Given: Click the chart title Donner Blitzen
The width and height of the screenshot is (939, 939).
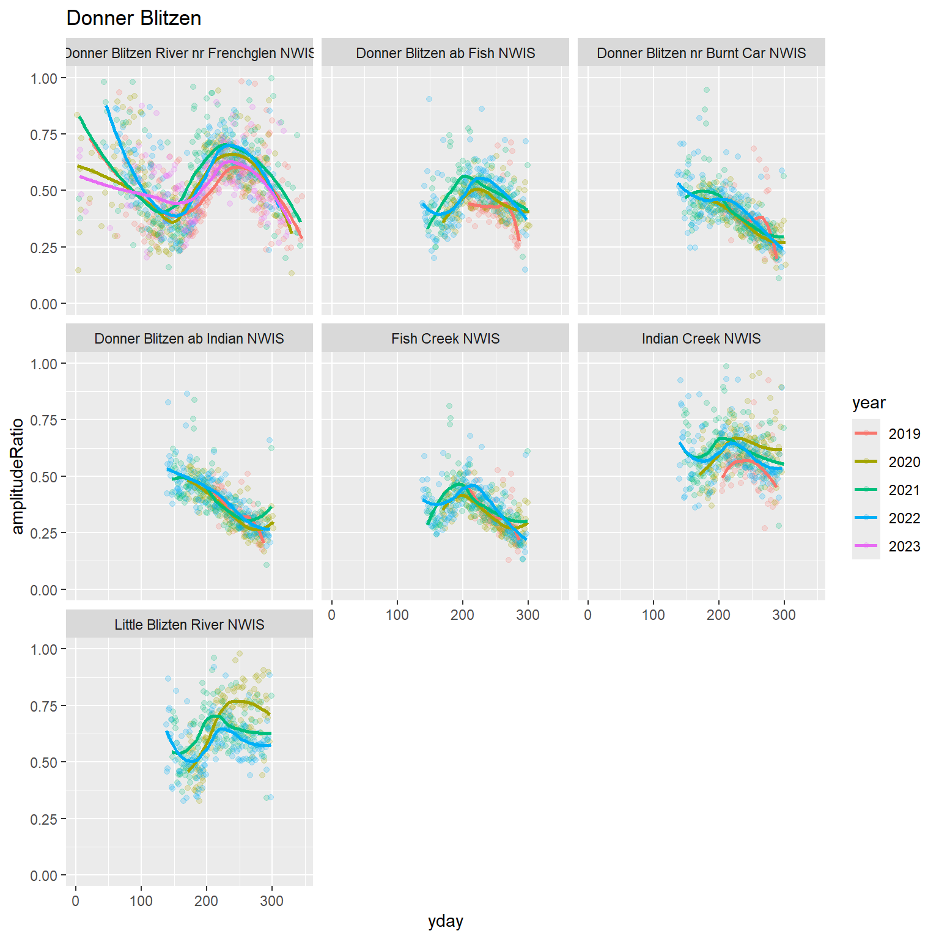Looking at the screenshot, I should [x=134, y=18].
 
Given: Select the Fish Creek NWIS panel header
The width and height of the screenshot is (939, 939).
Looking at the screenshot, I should [x=445, y=339].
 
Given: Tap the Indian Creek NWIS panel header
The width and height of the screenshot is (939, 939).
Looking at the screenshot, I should [x=701, y=339].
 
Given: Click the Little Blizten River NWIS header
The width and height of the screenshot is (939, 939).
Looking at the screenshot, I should [x=190, y=625].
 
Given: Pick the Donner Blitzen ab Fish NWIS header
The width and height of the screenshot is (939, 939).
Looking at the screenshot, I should [x=445, y=53].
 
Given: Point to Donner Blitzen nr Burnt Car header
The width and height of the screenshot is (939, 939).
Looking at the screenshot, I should [x=701, y=53].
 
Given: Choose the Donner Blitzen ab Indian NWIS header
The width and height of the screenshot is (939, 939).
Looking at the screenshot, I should [x=190, y=339].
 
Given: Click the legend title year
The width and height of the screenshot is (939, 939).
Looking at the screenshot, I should [x=869, y=403].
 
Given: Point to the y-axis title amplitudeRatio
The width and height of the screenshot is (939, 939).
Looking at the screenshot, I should [x=18, y=476].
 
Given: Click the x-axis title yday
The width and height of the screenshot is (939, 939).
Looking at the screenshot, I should [x=445, y=921].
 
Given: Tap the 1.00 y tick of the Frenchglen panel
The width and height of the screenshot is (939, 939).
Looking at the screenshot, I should [x=43, y=78].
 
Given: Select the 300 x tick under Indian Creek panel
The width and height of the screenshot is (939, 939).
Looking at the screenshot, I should [x=784, y=615].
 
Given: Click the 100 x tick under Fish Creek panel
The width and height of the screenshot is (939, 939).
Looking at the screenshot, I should [x=397, y=615].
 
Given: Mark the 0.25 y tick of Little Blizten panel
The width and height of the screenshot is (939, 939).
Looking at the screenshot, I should [x=43, y=819].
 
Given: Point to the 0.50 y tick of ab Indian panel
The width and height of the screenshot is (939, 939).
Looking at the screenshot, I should [x=43, y=477].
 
